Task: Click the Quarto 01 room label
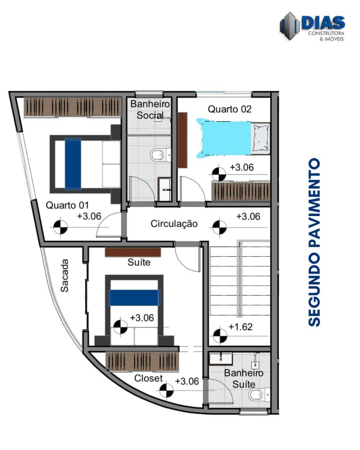coord(67,205)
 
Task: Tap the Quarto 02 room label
coord(229,109)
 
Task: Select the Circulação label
coord(174,224)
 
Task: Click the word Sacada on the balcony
coord(64,276)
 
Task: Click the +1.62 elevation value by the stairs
coord(241,327)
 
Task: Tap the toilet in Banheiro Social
coord(160,155)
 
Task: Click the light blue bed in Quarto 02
coord(226,139)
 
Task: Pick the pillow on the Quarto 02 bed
coord(261,138)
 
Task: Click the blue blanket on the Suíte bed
coord(134,298)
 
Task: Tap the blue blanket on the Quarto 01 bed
coord(73,164)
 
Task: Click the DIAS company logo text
coord(323,23)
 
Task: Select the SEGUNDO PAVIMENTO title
coord(314,242)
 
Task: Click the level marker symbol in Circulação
coord(220,228)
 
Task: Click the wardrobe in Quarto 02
coord(241,191)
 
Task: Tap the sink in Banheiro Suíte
coord(221,359)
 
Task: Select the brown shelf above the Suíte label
coord(133,252)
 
